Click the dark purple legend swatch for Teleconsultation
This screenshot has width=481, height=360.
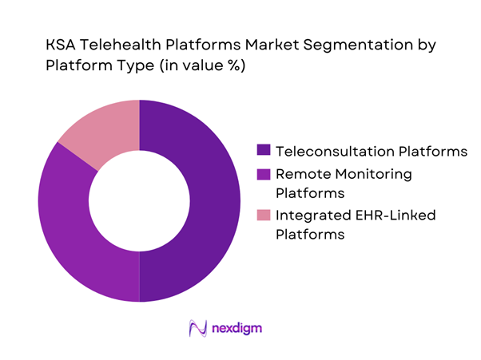click(x=262, y=150)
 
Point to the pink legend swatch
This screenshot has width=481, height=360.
click(x=262, y=215)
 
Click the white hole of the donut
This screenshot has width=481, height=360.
click(x=139, y=200)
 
